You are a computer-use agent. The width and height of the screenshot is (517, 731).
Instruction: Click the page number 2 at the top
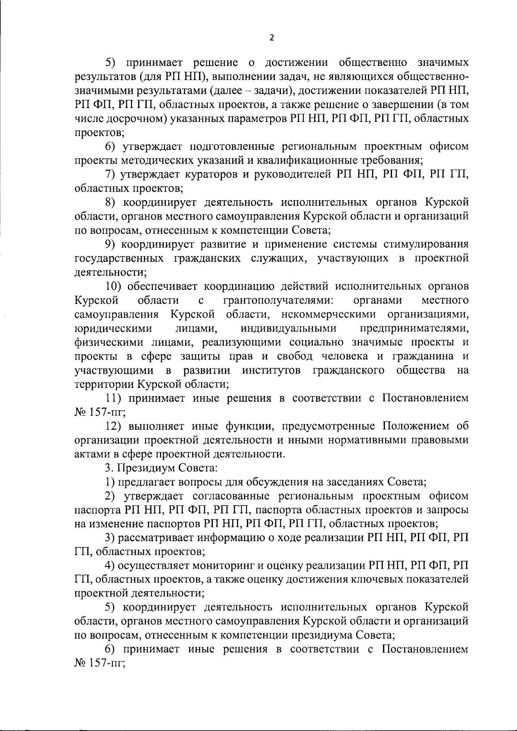[271, 37]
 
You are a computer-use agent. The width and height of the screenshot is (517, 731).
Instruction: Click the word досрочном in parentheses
[133, 119]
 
